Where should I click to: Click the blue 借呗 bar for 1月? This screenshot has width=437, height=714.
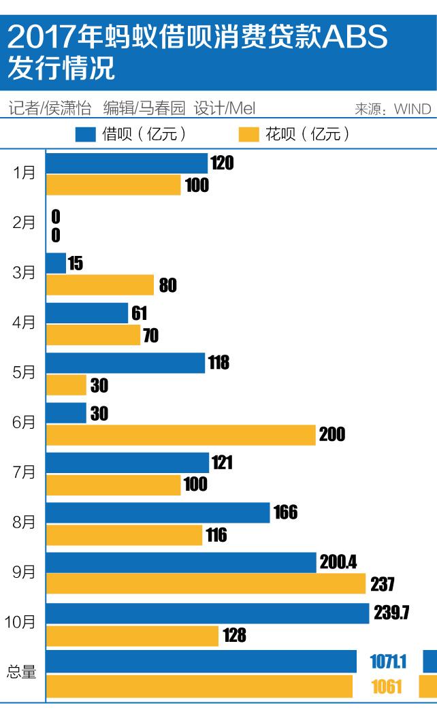click(x=127, y=163)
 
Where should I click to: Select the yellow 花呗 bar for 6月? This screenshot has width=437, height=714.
click(x=181, y=434)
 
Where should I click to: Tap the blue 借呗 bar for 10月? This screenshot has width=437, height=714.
click(x=208, y=613)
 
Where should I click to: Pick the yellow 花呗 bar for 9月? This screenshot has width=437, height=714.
click(x=206, y=583)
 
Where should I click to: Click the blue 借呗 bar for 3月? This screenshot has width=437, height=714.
click(x=56, y=263)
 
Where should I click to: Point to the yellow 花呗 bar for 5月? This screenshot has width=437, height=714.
click(x=67, y=385)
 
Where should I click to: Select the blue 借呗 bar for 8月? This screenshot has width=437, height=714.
click(x=158, y=513)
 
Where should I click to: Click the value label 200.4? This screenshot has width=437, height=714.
click(x=338, y=562)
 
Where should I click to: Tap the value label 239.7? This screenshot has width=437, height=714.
click(x=391, y=613)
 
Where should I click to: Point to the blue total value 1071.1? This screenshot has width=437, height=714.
click(x=388, y=661)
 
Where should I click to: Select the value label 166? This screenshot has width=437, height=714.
click(x=286, y=513)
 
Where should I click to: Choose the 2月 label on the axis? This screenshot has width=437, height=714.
click(x=25, y=223)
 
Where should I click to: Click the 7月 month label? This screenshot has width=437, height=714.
click(x=25, y=472)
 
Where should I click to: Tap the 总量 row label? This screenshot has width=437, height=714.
click(x=21, y=672)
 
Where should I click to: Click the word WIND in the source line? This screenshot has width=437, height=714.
click(x=412, y=109)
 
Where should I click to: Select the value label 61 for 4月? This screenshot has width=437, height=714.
click(x=139, y=313)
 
